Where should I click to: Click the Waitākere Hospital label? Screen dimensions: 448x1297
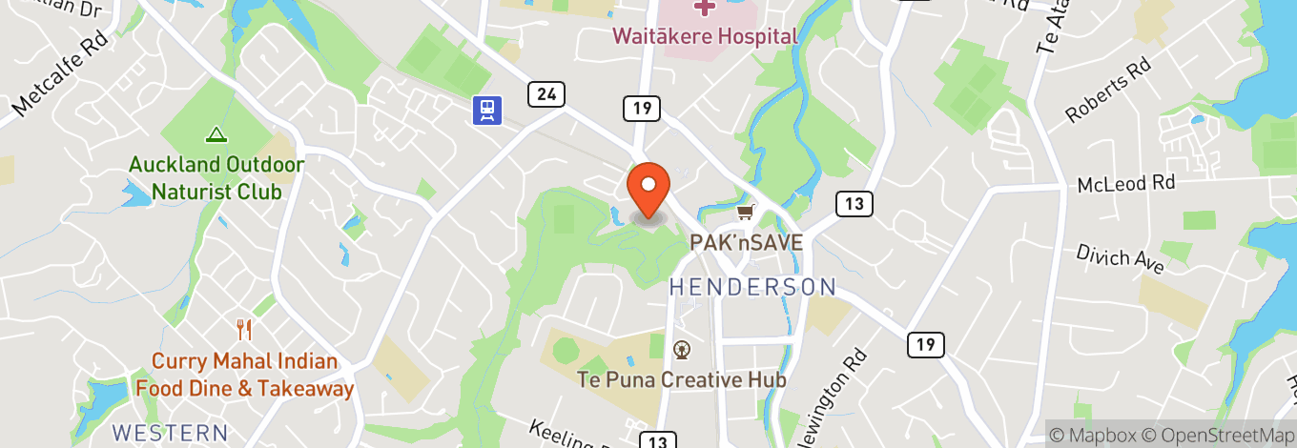click(x=704, y=36)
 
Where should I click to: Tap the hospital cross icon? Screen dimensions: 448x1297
click(x=704, y=9)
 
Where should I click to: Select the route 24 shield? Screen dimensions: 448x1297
click(x=546, y=93)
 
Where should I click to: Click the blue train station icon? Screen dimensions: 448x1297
click(x=487, y=111)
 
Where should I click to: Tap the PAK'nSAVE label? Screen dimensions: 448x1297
click(x=747, y=242)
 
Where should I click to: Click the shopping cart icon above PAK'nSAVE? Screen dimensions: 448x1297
click(x=746, y=212)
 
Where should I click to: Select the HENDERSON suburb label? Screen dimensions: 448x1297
click(x=751, y=286)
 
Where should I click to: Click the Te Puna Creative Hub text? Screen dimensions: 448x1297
click(x=681, y=379)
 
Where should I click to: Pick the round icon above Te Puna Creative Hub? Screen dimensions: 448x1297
click(x=681, y=350)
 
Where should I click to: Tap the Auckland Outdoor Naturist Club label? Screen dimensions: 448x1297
click(x=216, y=177)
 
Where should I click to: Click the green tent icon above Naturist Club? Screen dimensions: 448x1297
click(x=216, y=135)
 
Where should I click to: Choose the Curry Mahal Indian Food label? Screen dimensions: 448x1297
click(x=245, y=375)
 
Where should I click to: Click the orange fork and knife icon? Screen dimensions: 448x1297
click(x=245, y=330)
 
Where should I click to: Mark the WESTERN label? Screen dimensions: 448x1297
click(x=170, y=432)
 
